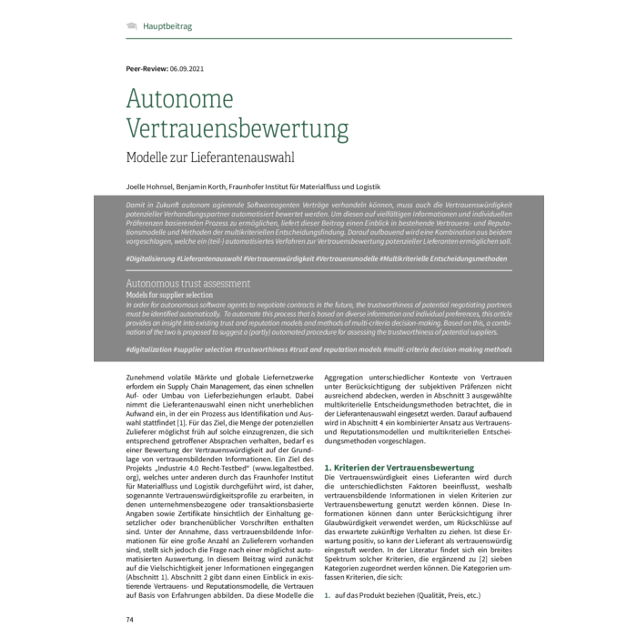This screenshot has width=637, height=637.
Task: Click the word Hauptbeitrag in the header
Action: (x=167, y=26)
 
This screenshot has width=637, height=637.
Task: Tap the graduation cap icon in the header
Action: (x=132, y=26)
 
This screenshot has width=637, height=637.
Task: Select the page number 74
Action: (x=130, y=620)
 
